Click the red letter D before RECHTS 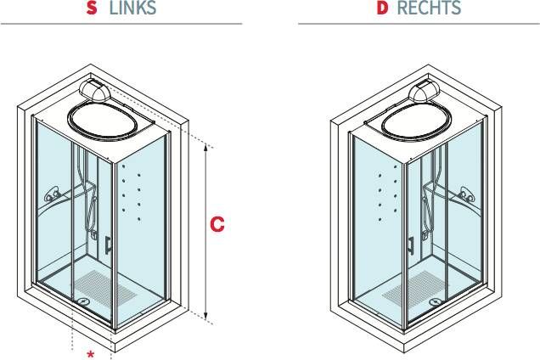tap(382, 9)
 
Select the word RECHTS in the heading tap(430, 9)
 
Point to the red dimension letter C tap(217, 225)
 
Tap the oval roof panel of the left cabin tap(106, 118)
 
